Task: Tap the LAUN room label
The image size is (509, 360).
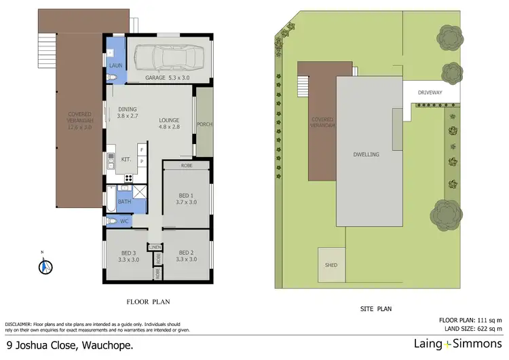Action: click(115, 65)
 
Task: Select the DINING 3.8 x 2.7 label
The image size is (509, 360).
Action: click(128, 113)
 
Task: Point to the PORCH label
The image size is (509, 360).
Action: click(204, 125)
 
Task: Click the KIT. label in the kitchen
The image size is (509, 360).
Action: click(126, 160)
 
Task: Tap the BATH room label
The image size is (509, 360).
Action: click(124, 202)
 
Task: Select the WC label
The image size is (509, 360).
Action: click(124, 221)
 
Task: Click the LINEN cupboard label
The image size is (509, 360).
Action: click(155, 247)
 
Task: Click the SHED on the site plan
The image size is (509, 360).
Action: click(331, 265)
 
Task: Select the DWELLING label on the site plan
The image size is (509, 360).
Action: click(366, 154)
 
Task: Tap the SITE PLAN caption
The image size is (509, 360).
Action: click(375, 309)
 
